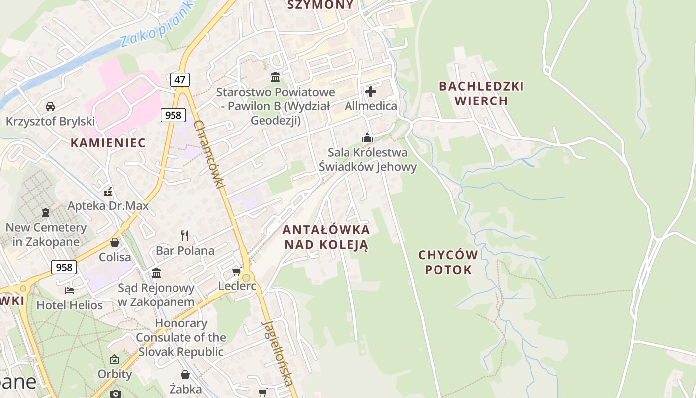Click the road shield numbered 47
coord(180,79)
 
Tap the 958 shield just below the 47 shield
coord(173,115)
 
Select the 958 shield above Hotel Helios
coord(64,267)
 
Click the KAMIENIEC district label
coord(108,143)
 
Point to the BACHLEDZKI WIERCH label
coord(481,94)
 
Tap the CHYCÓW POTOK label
coord(448,263)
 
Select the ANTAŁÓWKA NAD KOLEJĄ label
coord(326,237)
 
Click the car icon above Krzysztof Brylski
coord(50,106)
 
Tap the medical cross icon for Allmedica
coord(371,92)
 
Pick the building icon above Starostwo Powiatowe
coord(275,77)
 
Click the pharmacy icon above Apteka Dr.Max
coord(108,191)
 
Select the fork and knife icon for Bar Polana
coord(185,235)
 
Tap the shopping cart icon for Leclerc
coord(237,271)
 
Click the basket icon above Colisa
coord(115,242)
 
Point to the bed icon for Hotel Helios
coord(70,290)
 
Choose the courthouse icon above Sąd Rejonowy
coord(156,273)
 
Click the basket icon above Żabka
coord(185,374)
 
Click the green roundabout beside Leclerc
coord(246,277)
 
